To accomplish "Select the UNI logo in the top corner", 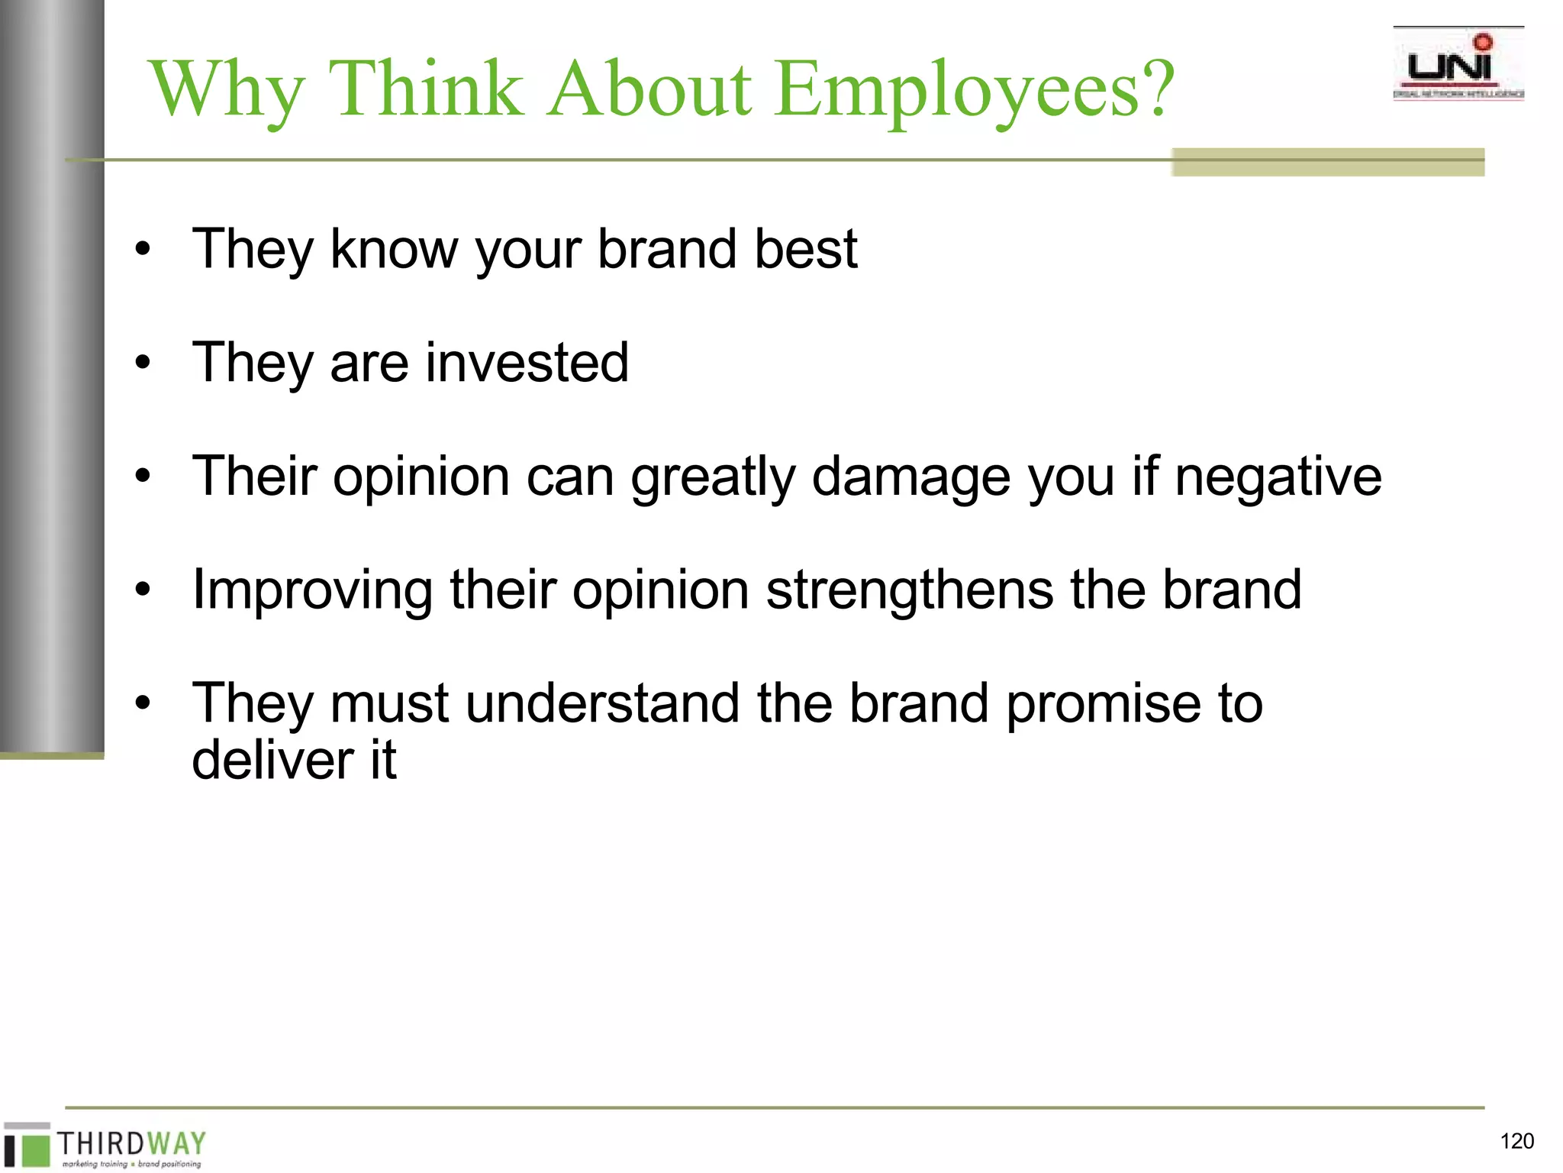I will [x=1458, y=64].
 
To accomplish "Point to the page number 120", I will [x=1516, y=1141].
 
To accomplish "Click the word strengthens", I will [x=909, y=590].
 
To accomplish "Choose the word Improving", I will [x=312, y=591].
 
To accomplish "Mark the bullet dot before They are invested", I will [x=143, y=364].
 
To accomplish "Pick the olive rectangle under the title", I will [x=1327, y=162].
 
